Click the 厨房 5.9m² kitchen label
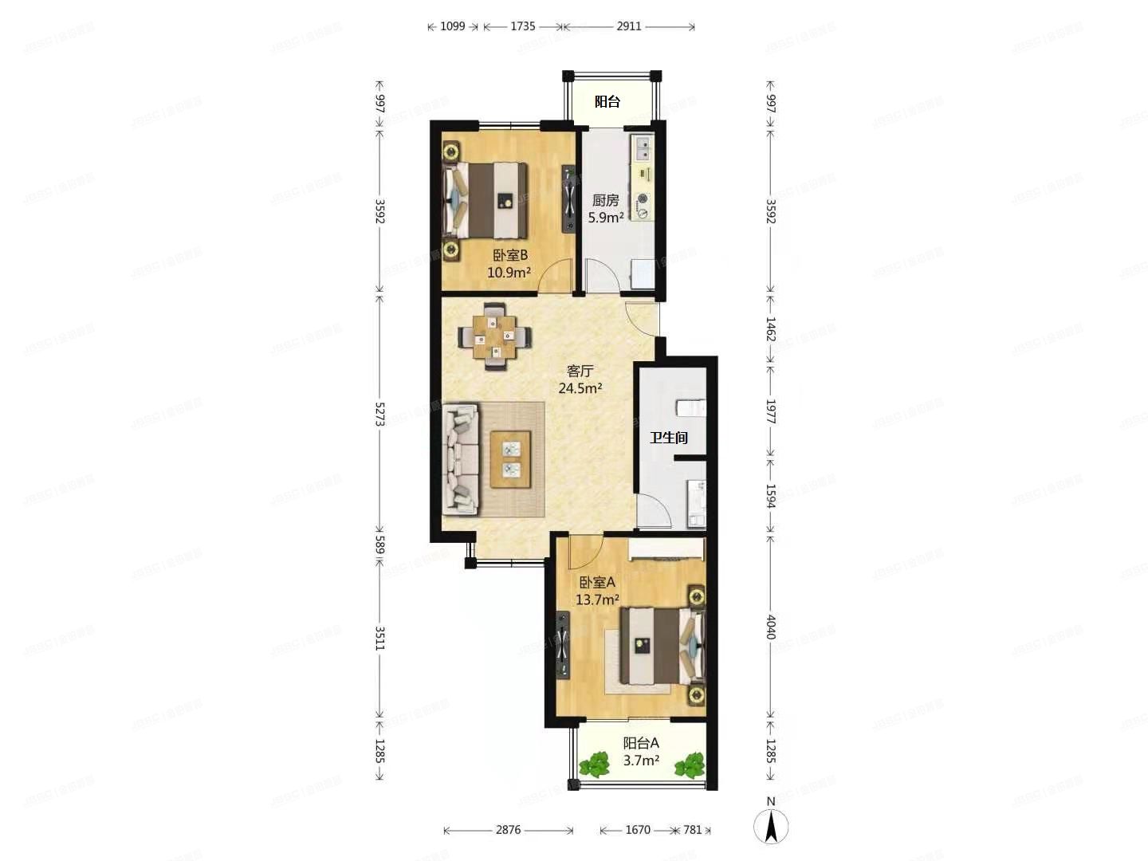605,209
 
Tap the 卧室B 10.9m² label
509,264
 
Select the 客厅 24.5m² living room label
580,380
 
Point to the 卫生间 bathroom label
668,438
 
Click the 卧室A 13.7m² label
597,591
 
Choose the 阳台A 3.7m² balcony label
641,752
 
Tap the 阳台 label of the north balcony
607,101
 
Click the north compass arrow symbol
771,826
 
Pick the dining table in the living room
495,336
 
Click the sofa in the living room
461,458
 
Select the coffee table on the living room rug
510,458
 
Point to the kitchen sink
642,149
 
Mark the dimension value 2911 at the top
629,26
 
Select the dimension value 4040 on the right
770,627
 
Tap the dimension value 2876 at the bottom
508,830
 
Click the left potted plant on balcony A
594,765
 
